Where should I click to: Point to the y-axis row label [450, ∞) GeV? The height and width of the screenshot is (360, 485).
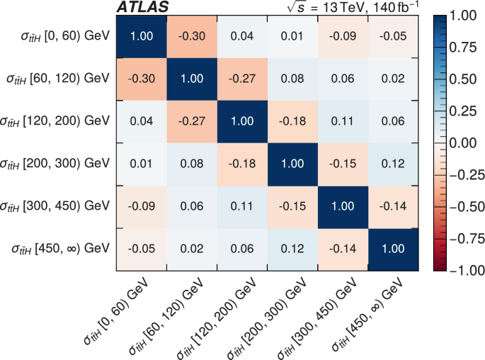61,248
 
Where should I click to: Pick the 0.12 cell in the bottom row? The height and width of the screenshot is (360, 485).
290,248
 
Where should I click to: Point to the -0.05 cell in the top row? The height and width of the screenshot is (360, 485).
387,35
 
